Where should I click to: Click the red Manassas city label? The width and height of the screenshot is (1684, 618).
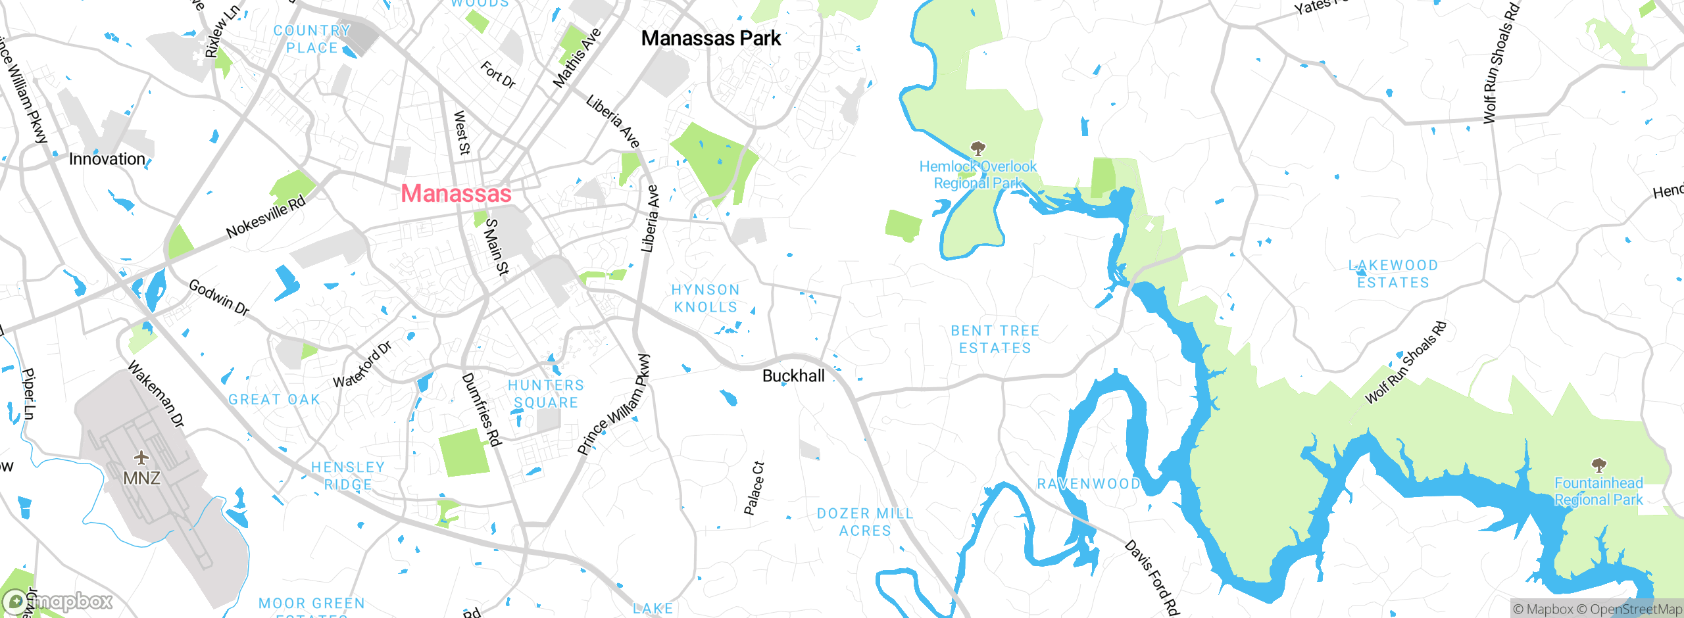456,193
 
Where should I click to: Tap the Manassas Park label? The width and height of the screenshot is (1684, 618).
710,38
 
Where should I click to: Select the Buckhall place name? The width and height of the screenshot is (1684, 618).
793,375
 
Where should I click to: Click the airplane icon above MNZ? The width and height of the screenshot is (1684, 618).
141,457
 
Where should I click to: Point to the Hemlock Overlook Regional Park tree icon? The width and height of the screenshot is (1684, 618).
978,148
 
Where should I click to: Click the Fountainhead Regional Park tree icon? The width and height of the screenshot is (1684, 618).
1598,465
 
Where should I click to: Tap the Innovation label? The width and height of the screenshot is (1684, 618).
107,159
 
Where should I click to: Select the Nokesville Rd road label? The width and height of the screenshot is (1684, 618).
266,216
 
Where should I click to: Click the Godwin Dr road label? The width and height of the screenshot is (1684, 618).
219,297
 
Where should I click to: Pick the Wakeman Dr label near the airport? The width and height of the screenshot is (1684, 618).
156,394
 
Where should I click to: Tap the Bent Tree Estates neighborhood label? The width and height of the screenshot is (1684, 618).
995,339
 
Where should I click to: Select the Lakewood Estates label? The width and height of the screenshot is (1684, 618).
1393,273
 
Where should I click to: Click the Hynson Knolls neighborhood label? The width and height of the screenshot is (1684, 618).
705,298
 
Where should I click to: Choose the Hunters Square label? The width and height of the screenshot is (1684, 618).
545,394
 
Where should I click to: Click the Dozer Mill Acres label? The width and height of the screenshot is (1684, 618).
864,522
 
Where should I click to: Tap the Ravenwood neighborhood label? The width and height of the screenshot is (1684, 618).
1089,484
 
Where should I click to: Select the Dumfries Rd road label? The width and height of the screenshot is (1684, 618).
482,410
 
